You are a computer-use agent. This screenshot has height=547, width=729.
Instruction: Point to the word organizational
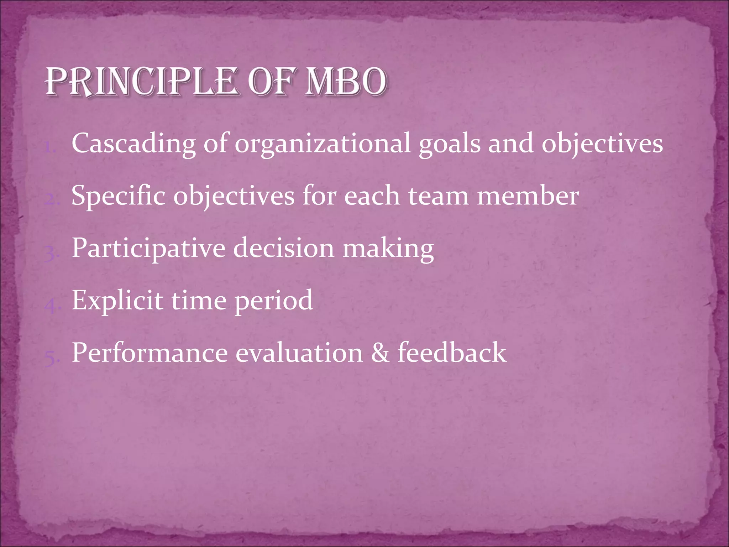322,144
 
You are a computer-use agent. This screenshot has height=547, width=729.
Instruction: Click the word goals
449,144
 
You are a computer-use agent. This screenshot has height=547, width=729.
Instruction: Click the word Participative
148,249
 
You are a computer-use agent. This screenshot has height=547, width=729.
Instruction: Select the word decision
284,248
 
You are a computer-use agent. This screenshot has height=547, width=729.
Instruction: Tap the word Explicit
118,301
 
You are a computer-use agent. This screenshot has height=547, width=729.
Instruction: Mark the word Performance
150,353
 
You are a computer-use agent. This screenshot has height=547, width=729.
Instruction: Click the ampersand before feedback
380,353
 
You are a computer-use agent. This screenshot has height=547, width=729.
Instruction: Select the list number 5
51,358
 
